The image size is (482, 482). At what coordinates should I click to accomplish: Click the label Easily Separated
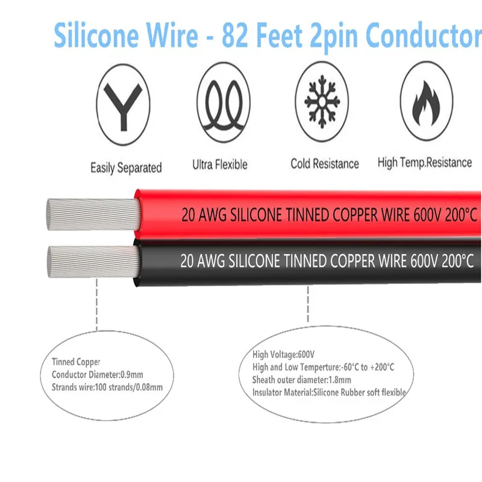point(126,167)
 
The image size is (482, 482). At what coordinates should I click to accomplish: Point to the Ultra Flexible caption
point(220,164)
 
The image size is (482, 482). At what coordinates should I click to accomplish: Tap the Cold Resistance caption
point(324,163)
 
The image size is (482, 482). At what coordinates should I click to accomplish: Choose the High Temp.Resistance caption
point(425,162)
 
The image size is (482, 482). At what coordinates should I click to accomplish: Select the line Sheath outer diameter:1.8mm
point(301,380)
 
